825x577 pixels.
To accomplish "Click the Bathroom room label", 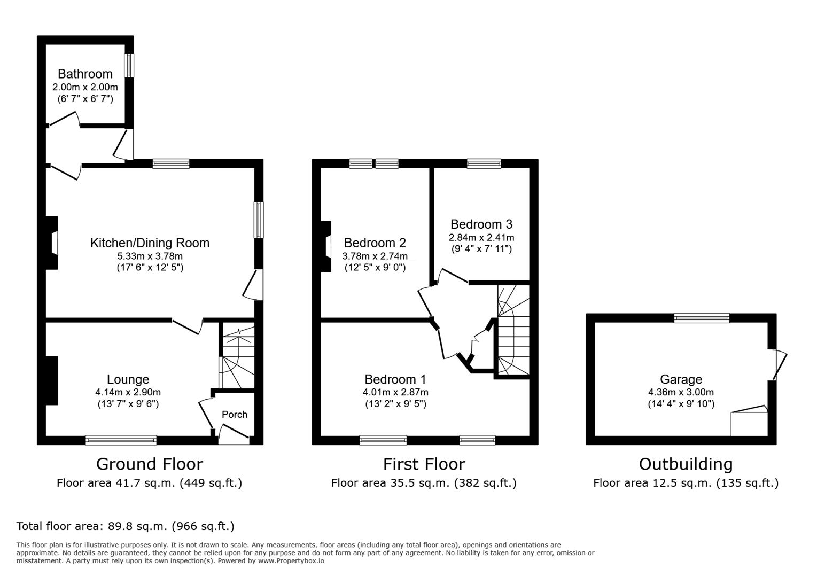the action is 85,74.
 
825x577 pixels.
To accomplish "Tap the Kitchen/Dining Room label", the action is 150,243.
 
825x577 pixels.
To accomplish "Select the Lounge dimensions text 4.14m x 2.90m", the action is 128,392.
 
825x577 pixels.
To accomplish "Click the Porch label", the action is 235,414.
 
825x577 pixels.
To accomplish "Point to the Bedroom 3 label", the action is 481,224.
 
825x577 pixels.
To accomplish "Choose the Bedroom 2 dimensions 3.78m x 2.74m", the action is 375,256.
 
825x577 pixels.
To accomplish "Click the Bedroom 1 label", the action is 395,379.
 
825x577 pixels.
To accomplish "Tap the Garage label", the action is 681,379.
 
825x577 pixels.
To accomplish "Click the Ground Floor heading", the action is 150,464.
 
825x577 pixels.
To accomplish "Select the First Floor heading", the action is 424,464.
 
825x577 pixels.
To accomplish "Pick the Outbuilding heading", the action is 686,464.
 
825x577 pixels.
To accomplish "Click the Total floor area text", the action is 125,526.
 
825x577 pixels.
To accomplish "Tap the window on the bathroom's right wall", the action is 129,66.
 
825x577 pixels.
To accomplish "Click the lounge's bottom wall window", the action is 121,440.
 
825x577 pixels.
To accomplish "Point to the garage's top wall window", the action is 702,318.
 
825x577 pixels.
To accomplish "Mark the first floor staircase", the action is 513,330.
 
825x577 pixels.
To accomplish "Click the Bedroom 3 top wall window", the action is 484,163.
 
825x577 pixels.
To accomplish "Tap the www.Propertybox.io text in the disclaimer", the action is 291,561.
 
